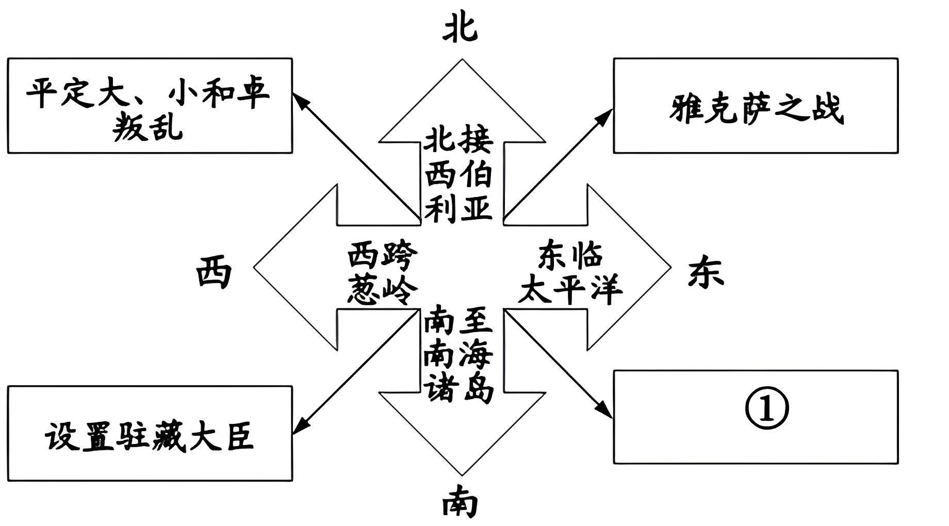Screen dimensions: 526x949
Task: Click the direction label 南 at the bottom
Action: coord(460,503)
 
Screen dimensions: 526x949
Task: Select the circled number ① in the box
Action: coord(767,408)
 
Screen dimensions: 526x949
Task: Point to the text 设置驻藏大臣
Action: coord(150,436)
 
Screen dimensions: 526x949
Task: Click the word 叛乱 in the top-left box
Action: coord(148,126)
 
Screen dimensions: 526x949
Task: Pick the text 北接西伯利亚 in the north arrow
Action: coord(459,174)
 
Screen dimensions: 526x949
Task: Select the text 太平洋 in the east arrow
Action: coord(570,290)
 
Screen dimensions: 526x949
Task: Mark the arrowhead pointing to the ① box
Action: coord(605,409)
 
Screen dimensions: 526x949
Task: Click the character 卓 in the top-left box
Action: coord(253,93)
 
